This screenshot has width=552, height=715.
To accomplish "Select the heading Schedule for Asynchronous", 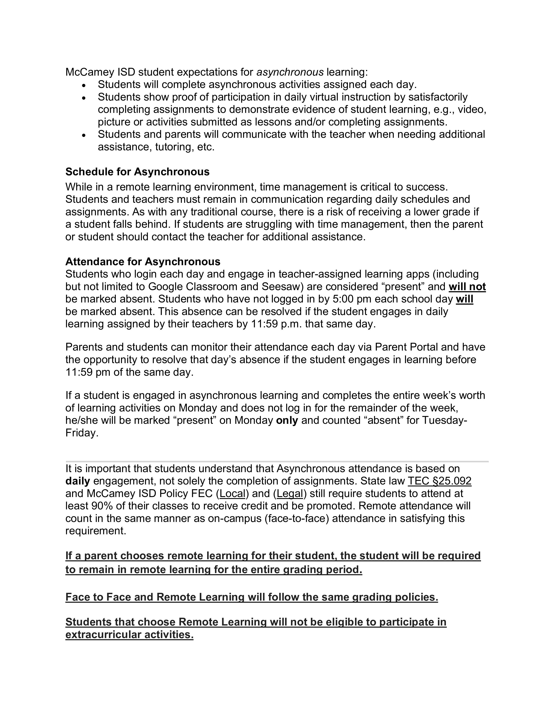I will click(137, 172).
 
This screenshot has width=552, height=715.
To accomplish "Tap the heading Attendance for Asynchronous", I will click(143, 262).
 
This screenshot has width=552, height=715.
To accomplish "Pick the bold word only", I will click(287, 420).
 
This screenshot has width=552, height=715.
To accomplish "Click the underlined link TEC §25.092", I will click(439, 481).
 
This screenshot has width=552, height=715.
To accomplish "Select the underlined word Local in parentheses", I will click(232, 493).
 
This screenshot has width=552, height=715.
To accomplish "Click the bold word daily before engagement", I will click(77, 481).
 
